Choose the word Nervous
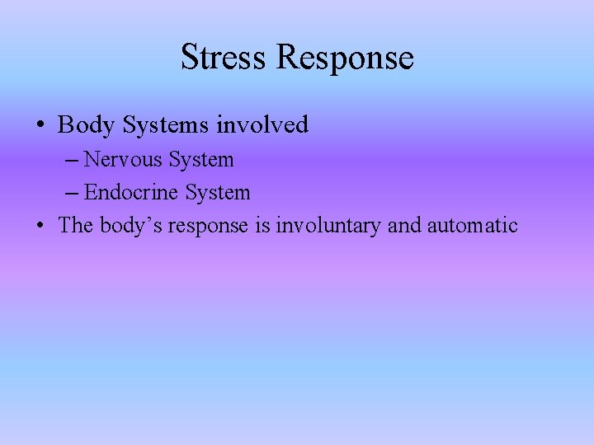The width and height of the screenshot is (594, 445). pyautogui.click(x=123, y=159)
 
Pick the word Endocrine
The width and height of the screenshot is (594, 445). pyautogui.click(x=132, y=193)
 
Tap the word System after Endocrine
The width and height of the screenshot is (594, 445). pyautogui.click(x=218, y=193)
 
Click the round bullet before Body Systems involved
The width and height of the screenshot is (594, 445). pyautogui.click(x=40, y=126)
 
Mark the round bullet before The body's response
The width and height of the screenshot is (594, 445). pyautogui.click(x=40, y=226)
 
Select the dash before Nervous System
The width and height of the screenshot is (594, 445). pyautogui.click(x=71, y=160)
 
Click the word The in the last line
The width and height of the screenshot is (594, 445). pyautogui.click(x=76, y=225)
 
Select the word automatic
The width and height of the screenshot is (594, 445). pyautogui.click(x=473, y=225)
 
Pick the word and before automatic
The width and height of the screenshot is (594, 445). pyautogui.click(x=404, y=225)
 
